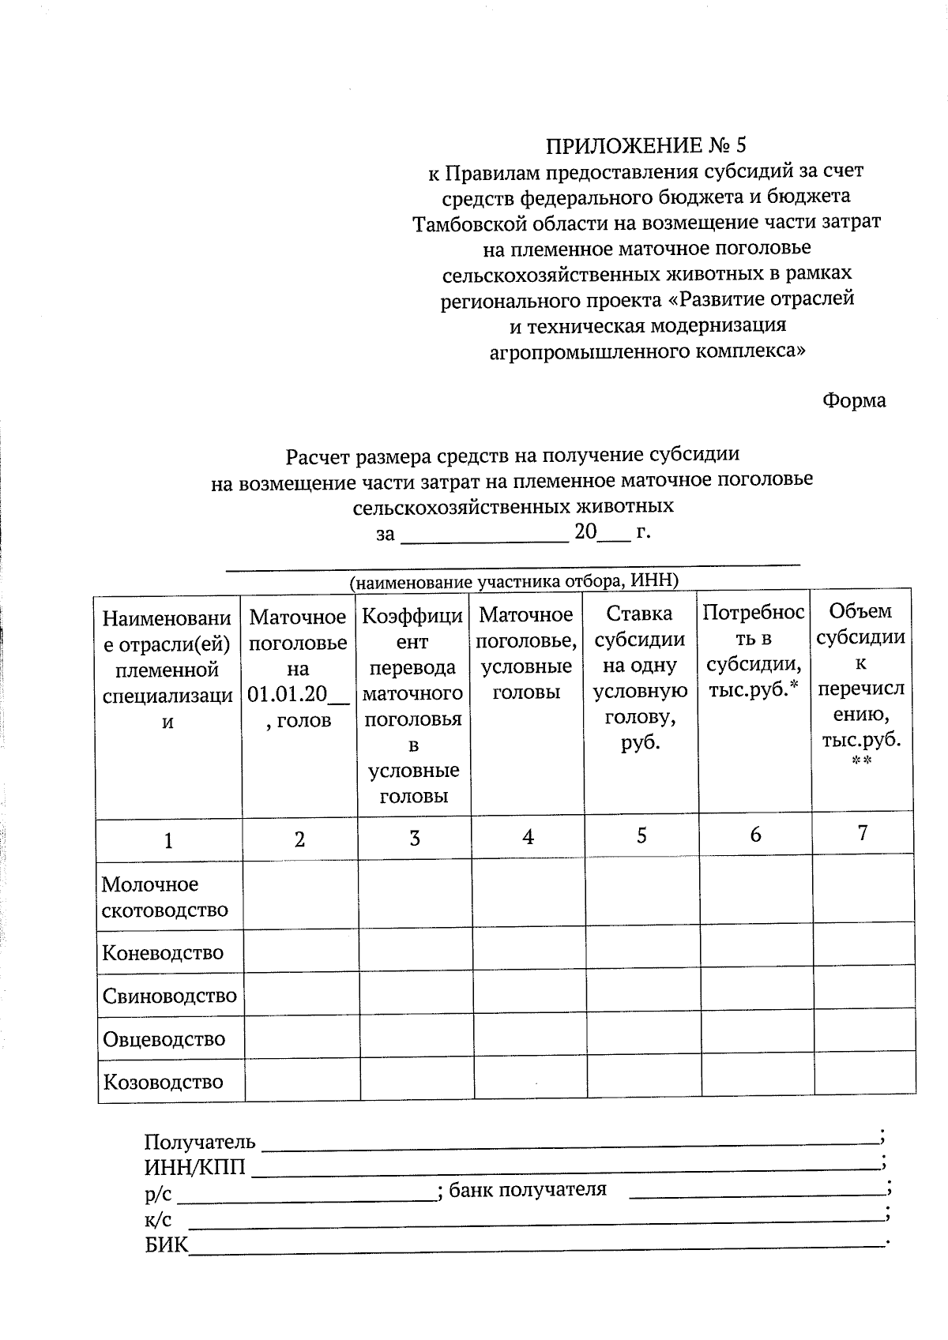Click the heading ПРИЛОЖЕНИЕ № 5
click(x=645, y=145)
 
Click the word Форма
click(x=853, y=400)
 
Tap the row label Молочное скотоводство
click(x=164, y=897)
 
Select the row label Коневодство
click(x=163, y=952)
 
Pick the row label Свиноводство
click(x=169, y=996)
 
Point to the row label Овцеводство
click(x=164, y=1039)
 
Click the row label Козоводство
click(x=163, y=1082)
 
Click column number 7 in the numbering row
click(x=862, y=833)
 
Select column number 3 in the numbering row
click(x=414, y=838)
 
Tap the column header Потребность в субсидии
click(x=754, y=651)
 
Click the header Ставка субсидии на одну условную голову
click(x=641, y=678)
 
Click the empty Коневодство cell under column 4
click(x=529, y=952)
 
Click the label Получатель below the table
click(x=200, y=1142)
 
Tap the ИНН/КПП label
click(x=194, y=1167)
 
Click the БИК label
click(x=167, y=1245)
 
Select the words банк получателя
click(x=528, y=1189)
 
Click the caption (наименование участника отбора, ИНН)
click(x=514, y=582)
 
